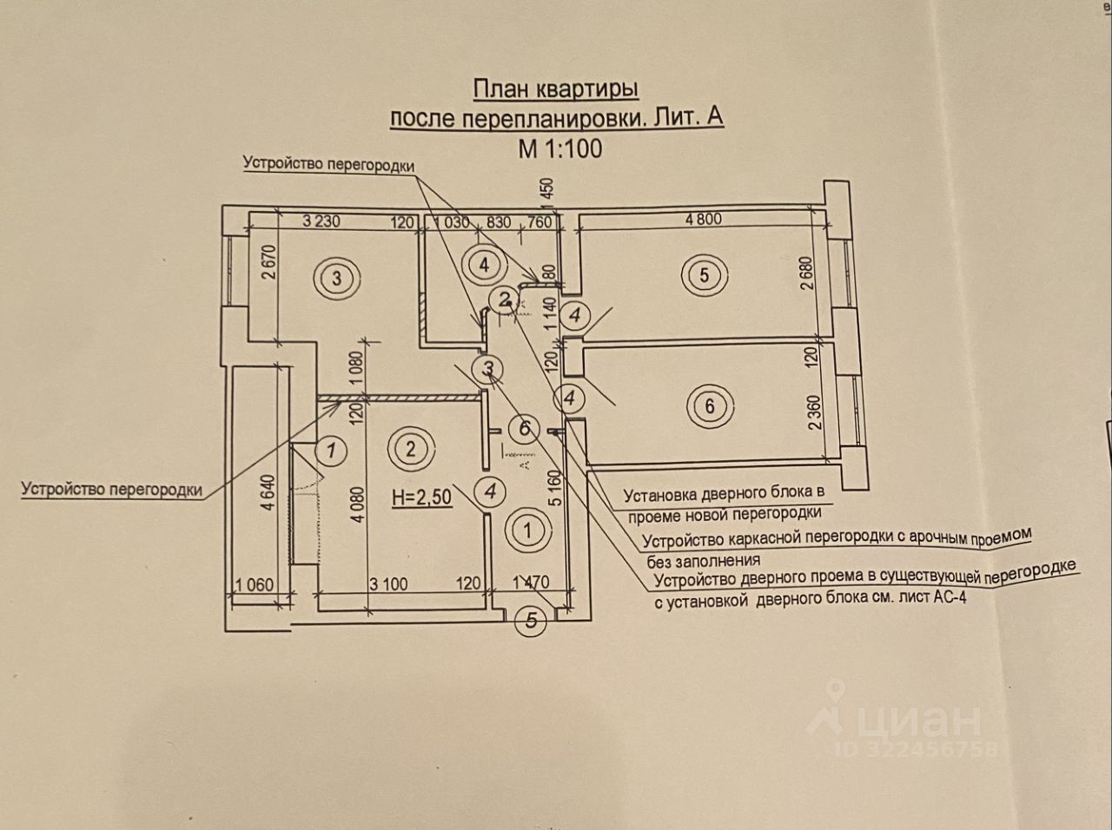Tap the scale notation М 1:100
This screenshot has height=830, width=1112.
tap(559, 148)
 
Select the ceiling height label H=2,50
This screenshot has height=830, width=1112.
tap(421, 497)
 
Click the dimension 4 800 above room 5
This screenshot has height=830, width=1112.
tap(703, 219)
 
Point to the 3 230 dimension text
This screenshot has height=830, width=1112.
tap(321, 221)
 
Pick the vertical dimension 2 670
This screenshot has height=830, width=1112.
tap(268, 267)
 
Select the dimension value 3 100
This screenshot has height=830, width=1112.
tap(387, 583)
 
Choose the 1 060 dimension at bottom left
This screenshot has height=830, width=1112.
tap(254, 584)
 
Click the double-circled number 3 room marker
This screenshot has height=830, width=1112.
tap(337, 278)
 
